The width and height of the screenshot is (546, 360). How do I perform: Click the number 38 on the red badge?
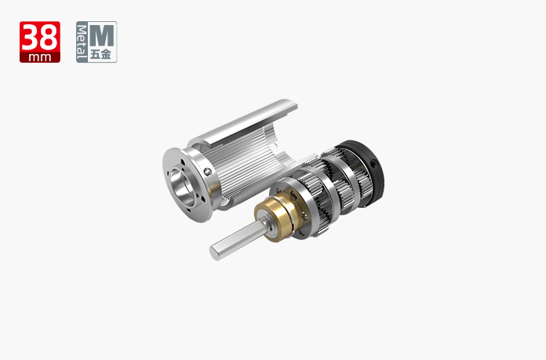pyautogui.click(x=40, y=38)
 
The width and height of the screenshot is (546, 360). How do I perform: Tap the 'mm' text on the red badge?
pyautogui.click(x=40, y=57)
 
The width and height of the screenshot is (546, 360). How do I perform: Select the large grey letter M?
pyautogui.click(x=102, y=35)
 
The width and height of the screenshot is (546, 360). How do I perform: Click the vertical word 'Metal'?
pyautogui.click(x=82, y=42)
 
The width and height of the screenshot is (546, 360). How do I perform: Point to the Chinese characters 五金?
pyautogui.click(x=100, y=54)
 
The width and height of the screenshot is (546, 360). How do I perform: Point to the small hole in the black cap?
pyautogui.click(x=373, y=163)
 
